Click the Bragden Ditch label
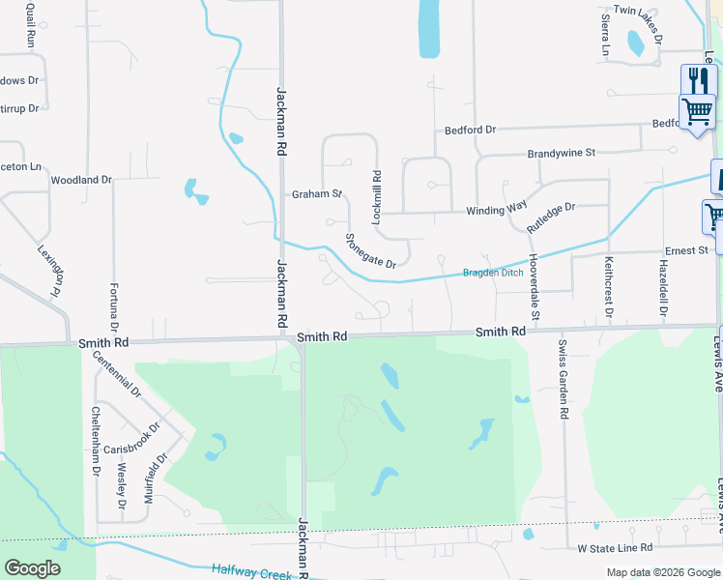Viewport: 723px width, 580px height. [x=492, y=273]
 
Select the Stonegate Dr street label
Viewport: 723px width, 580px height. [x=371, y=251]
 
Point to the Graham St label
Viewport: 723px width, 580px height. [x=318, y=194]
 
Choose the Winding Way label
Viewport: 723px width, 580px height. [x=496, y=210]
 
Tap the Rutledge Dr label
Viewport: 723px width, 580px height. [x=551, y=216]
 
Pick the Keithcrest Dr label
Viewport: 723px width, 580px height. [x=609, y=287]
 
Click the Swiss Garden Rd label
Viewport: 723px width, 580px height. [x=564, y=378]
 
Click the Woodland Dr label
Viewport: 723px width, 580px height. [x=81, y=180]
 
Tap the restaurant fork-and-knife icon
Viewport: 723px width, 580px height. [x=695, y=79]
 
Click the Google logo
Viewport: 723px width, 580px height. [x=32, y=568]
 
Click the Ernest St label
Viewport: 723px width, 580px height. [x=686, y=251]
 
